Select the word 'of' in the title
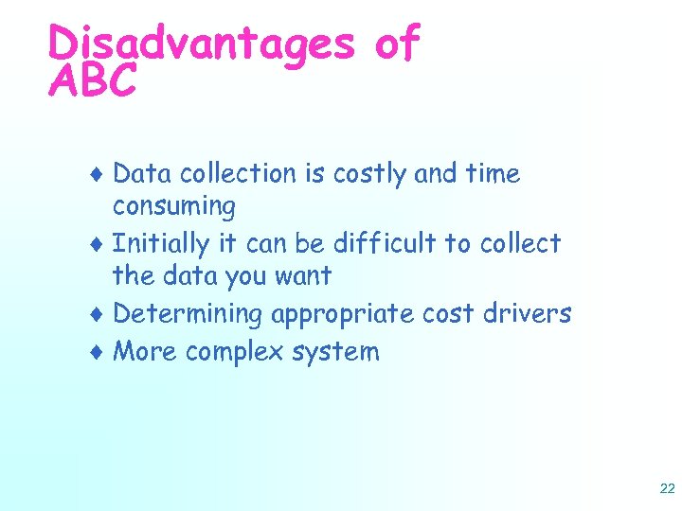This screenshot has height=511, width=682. tap(398, 44)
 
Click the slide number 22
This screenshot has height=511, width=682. tap(666, 488)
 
